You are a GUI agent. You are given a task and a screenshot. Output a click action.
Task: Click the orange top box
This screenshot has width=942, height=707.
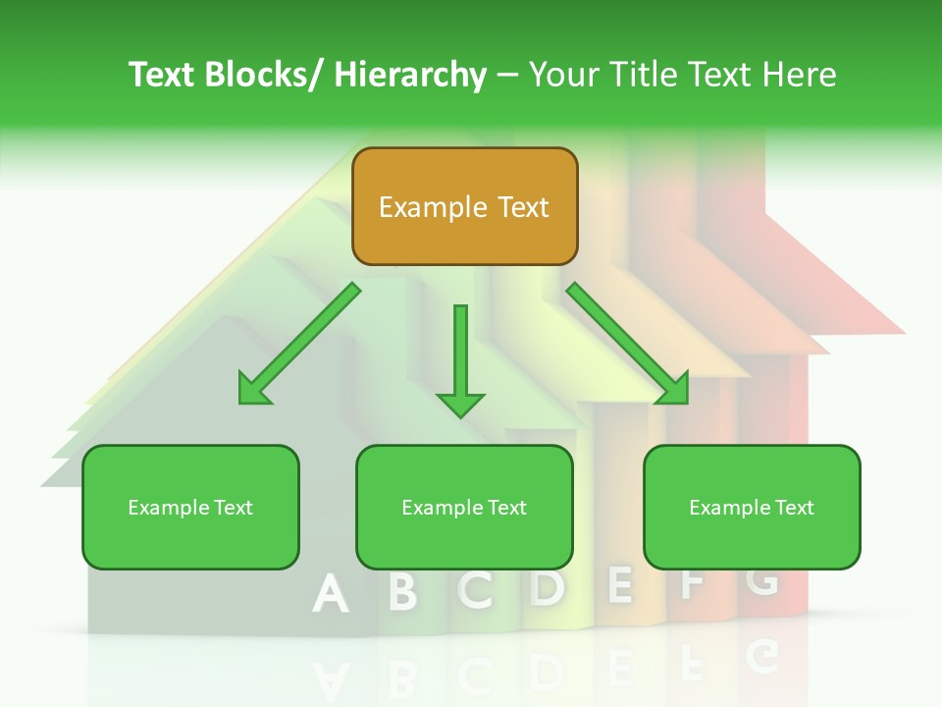[x=464, y=206]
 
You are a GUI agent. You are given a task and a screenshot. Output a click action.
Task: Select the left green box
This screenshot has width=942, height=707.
[x=190, y=507]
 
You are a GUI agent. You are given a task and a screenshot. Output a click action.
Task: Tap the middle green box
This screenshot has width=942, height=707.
[x=464, y=507]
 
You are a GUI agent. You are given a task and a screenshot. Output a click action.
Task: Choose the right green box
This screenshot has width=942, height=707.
[x=752, y=507]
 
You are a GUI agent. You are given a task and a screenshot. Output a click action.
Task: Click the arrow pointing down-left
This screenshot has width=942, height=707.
[x=299, y=344]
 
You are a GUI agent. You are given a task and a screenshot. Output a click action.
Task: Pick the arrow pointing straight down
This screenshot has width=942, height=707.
[x=460, y=358]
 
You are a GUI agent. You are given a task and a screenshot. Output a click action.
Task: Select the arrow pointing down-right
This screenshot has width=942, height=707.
[x=628, y=344]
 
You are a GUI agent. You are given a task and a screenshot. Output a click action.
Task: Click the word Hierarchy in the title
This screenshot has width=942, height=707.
[x=410, y=75]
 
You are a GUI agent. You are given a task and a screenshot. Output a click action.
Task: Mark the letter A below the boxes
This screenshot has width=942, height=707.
[x=331, y=593]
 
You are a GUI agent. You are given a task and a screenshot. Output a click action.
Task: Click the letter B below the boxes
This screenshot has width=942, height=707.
[x=402, y=591]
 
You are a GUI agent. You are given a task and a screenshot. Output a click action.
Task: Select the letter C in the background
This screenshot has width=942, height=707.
[x=476, y=589]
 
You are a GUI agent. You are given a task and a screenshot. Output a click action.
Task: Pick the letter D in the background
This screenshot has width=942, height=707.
[x=548, y=587]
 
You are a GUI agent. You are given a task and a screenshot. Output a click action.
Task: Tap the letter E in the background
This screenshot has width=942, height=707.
[x=619, y=584]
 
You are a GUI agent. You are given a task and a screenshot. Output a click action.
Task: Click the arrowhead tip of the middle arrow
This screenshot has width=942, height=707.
[x=460, y=415]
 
